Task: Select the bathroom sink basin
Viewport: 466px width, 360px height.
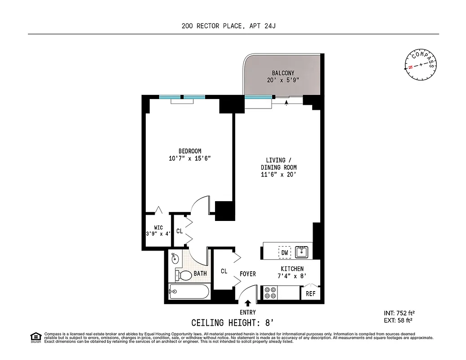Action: (175, 259)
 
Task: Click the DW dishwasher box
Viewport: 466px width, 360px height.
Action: (285, 253)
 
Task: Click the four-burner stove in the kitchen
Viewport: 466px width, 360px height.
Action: (271, 293)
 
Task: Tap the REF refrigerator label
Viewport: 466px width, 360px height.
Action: (310, 293)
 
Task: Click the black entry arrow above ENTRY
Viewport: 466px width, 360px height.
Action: (247, 304)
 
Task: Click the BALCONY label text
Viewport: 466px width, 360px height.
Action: (283, 73)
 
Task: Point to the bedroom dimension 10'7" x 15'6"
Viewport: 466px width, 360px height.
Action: (189, 158)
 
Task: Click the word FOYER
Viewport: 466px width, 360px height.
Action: (248, 274)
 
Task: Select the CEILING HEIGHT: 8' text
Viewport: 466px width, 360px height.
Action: (232, 323)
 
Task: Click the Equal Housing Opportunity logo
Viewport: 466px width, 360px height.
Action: (35, 337)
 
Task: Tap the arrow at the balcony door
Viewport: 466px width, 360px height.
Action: (287, 102)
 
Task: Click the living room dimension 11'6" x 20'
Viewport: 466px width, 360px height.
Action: (279, 175)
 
